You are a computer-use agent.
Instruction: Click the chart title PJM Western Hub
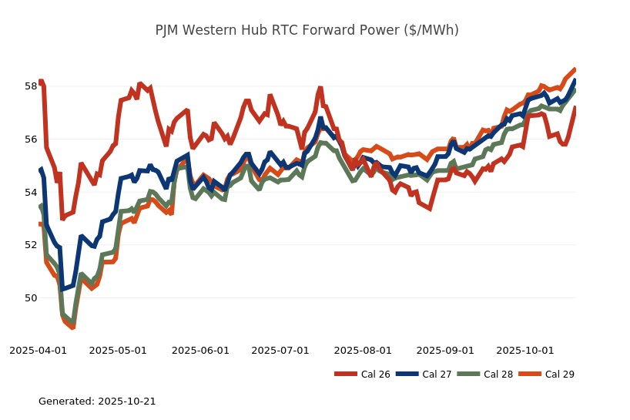coord(307,30)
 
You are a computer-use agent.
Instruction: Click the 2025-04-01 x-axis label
coord(38,351)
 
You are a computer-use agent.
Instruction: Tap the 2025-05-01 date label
coord(118,351)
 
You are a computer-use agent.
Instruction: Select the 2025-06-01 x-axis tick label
coord(200,351)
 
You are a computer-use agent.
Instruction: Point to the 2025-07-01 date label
coord(280,351)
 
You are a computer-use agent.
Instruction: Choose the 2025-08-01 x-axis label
coord(363,351)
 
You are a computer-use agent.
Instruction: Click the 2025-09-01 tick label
coord(445,351)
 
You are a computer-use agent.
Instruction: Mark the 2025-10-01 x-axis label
coord(525,351)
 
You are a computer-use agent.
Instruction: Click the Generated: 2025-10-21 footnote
coord(97,402)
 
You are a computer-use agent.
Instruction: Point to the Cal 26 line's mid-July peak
coord(320,88)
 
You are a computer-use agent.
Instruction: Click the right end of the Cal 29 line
coord(575,69)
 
